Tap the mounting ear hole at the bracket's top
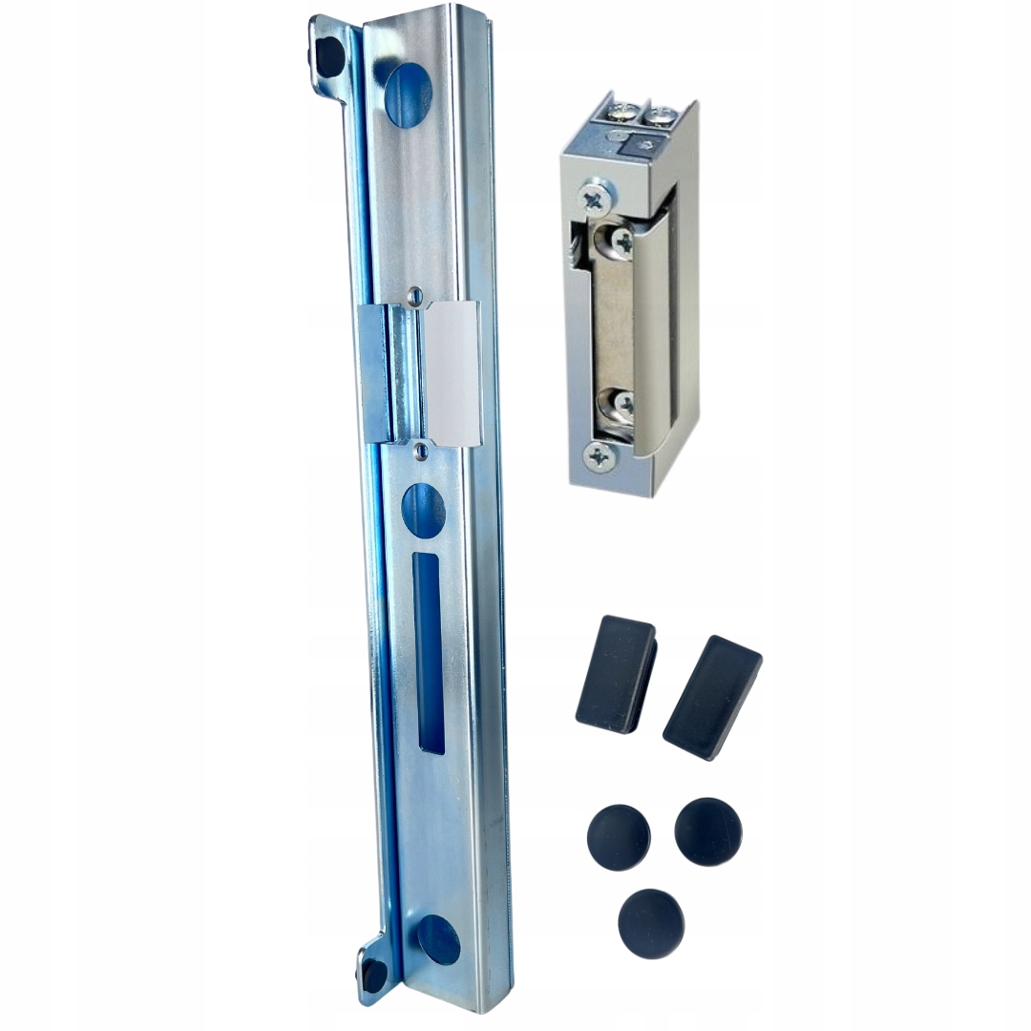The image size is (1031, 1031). [330, 56]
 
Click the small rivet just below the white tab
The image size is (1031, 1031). [420, 448]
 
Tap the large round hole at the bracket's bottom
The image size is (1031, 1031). [438, 939]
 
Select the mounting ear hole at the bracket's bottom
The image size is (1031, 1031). [374, 973]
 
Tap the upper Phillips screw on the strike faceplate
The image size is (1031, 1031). [594, 199]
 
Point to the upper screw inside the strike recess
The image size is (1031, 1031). [620, 240]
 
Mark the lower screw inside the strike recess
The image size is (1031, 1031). [621, 405]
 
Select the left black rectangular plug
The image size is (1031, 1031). [616, 674]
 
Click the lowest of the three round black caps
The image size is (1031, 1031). [651, 923]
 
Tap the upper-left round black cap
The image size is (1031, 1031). [619, 836]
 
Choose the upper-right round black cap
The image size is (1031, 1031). [707, 831]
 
